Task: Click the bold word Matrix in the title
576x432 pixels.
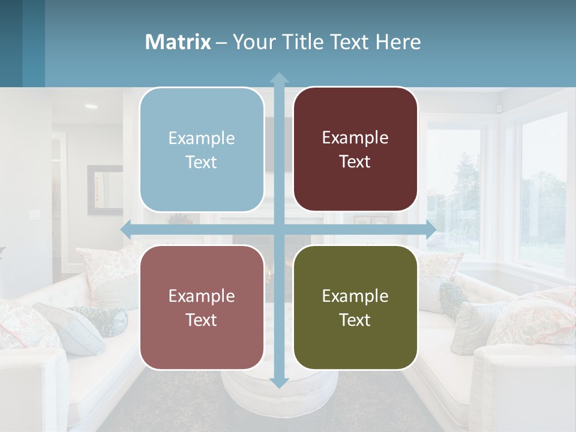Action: tap(178, 42)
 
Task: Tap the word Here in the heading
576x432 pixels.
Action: tap(398, 42)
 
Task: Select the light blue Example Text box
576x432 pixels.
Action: tap(202, 149)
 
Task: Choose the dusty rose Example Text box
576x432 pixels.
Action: tap(202, 307)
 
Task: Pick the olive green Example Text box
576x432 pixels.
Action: tap(355, 307)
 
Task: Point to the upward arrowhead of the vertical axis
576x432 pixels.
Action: tap(278, 78)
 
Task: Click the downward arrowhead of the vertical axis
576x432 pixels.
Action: tap(278, 382)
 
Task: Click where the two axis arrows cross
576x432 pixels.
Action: tap(278, 229)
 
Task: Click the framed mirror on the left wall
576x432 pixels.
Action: tap(104, 190)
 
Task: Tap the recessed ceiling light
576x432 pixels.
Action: tap(91, 106)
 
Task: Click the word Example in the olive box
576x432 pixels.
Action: tap(355, 296)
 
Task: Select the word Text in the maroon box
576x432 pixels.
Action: tap(355, 161)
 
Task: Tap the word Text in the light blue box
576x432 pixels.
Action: tap(202, 162)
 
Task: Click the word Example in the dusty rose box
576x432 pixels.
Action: tap(202, 296)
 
